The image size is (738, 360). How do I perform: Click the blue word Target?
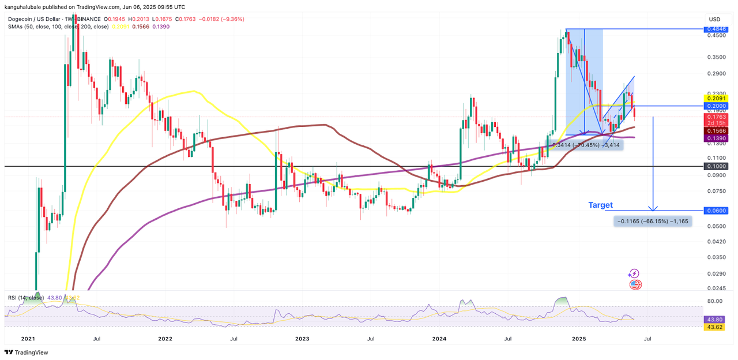[x=600, y=205]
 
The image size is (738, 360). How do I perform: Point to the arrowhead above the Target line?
[x=653, y=208]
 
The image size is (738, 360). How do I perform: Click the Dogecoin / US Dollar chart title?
[x=43, y=20]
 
